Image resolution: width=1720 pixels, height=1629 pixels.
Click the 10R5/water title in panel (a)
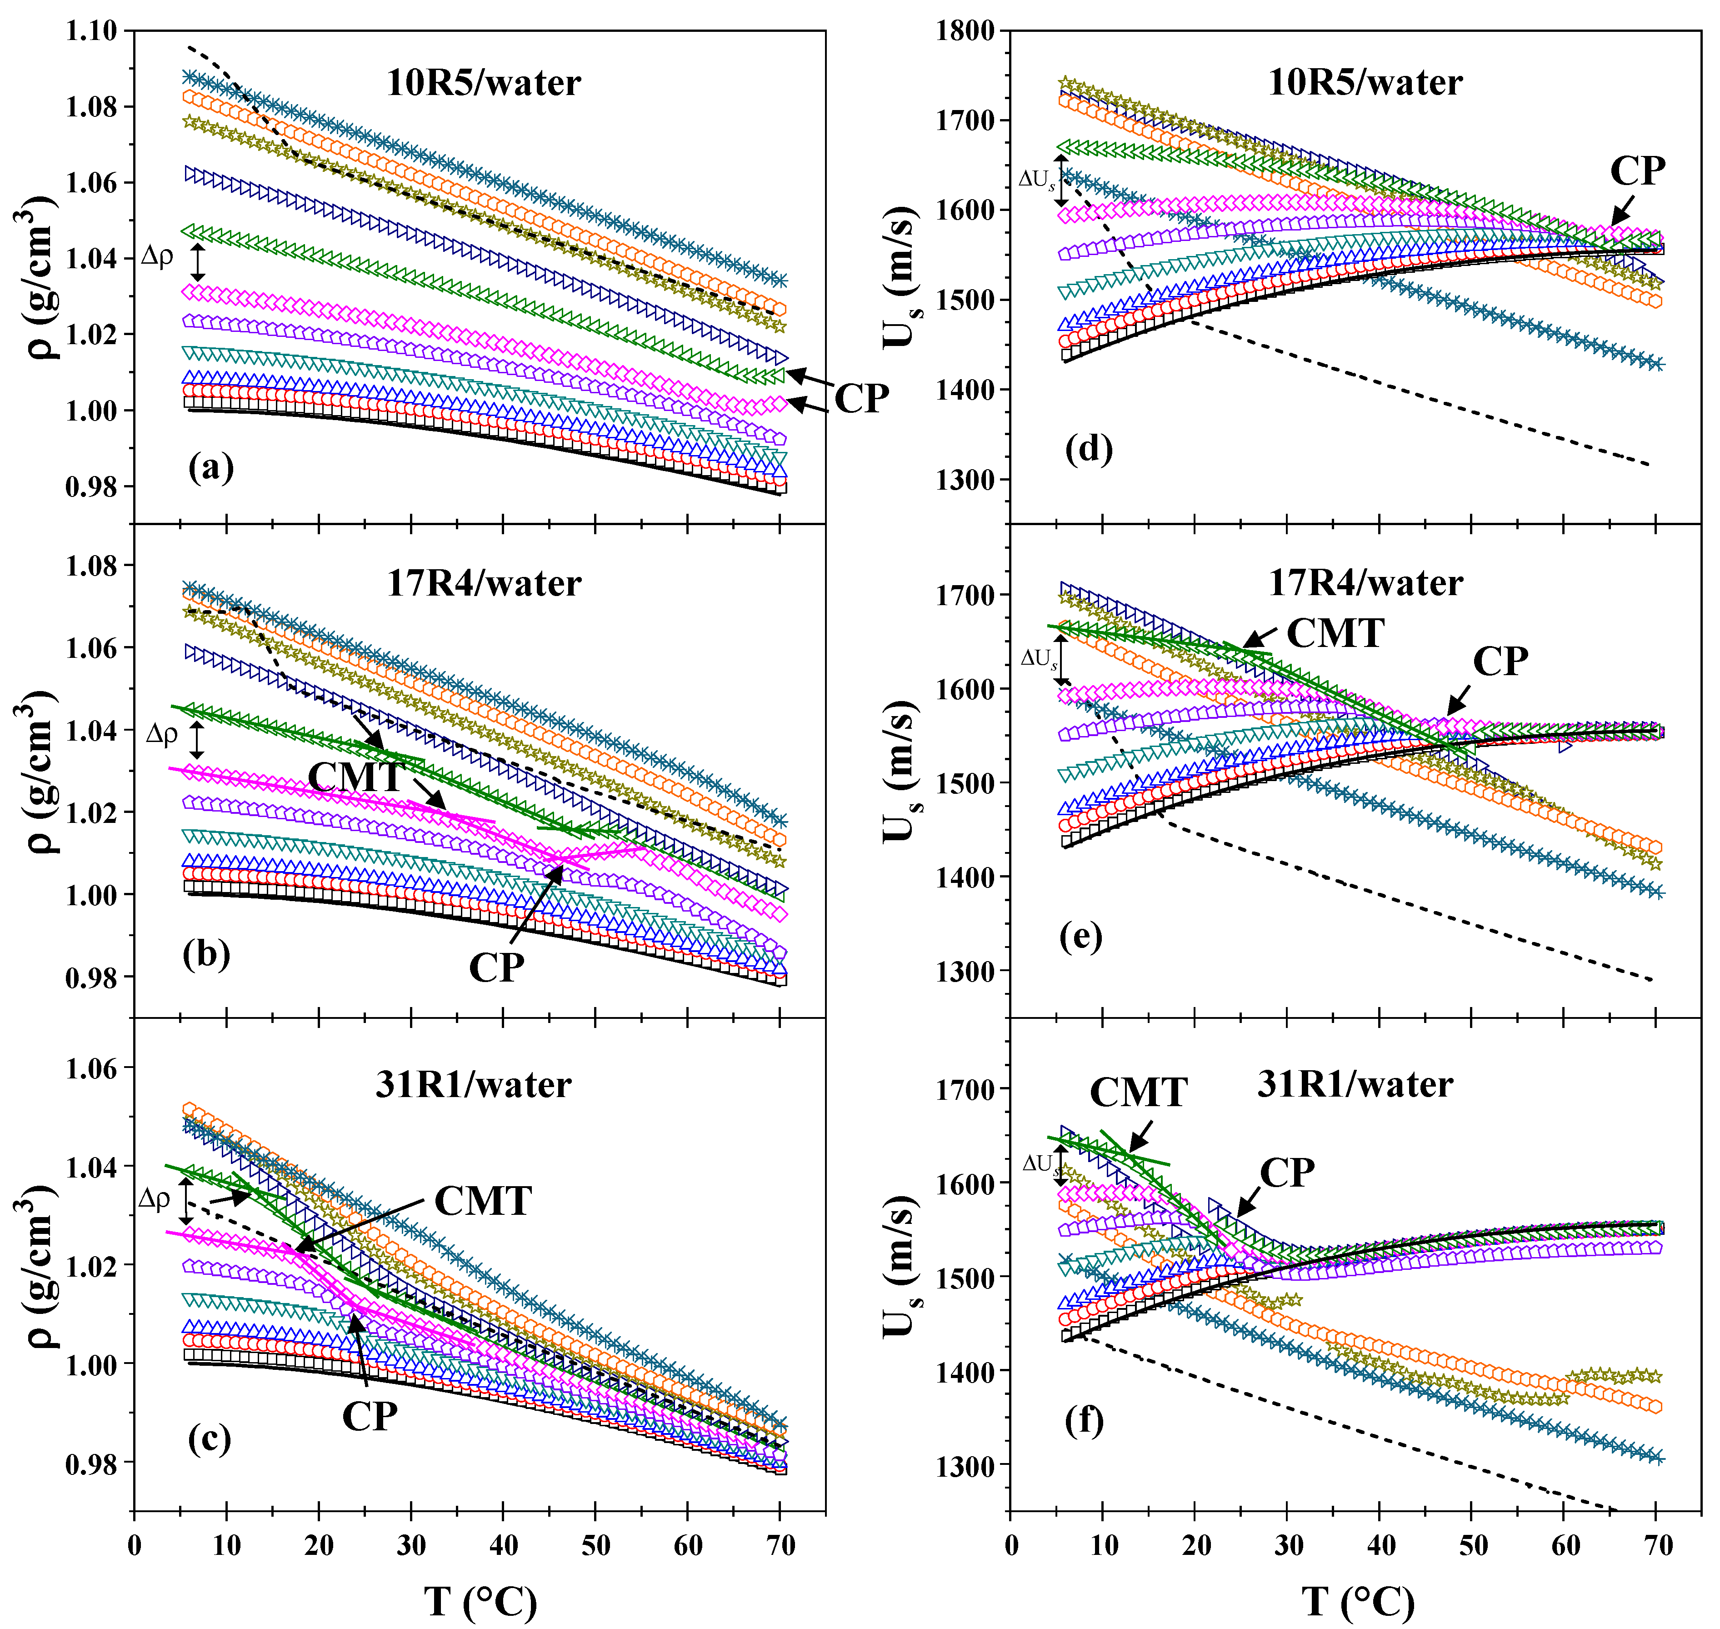(x=484, y=83)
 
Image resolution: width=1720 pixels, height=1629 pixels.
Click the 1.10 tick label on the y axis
(x=91, y=31)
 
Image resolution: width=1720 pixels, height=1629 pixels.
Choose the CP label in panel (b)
(x=497, y=967)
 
